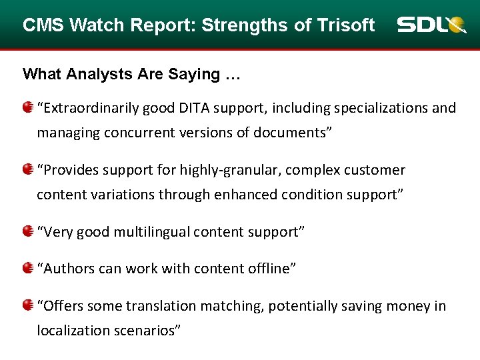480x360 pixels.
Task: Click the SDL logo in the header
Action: coord(431,25)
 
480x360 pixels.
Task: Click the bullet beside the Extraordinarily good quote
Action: coord(27,107)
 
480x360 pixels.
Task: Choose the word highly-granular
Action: coord(237,170)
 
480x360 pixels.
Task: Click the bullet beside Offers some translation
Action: coord(27,305)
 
